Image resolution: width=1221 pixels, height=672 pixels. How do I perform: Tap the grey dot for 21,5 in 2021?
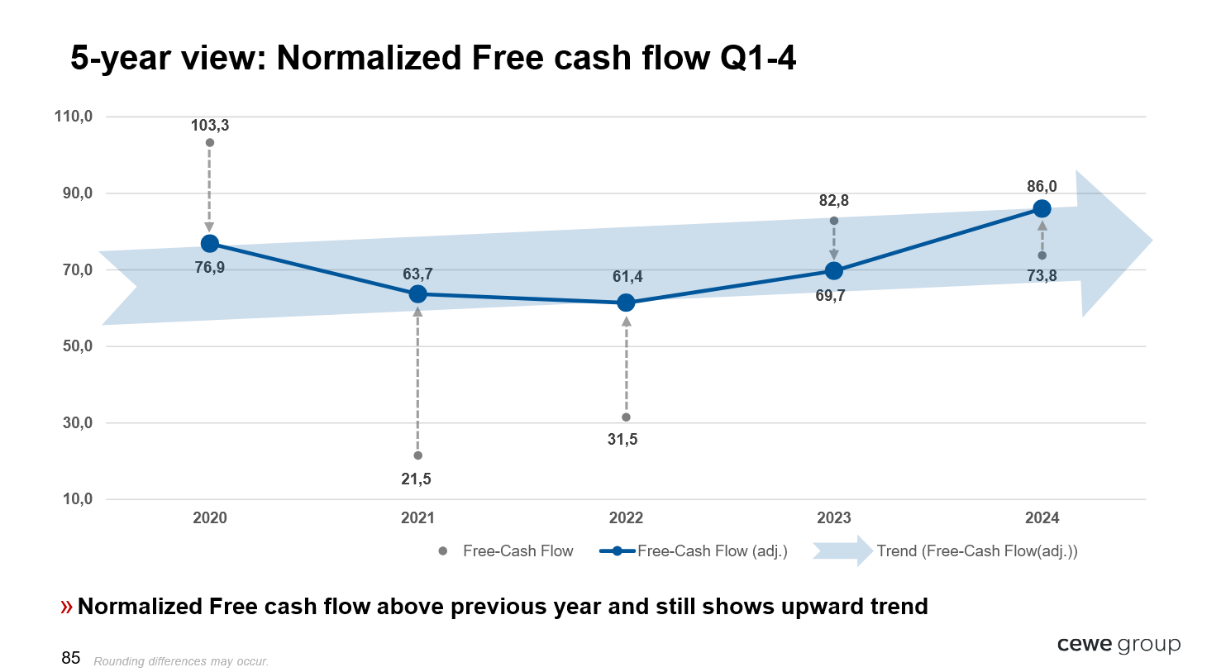coord(417,455)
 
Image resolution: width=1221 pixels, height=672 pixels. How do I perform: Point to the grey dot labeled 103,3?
coord(209,143)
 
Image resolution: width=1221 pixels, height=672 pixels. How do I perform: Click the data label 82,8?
coord(833,201)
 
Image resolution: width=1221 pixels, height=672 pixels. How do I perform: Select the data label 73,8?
coord(1042,276)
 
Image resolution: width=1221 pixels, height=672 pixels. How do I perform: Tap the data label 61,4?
coord(627,276)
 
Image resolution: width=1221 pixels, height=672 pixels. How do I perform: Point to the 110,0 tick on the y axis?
coord(74,116)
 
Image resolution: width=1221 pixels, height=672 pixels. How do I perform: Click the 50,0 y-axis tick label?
coord(78,346)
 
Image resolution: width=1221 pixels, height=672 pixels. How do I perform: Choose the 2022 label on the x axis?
coord(626,517)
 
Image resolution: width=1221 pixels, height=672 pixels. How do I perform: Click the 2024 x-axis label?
coord(1042,517)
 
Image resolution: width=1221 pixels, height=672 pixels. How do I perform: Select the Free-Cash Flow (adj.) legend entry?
coord(694,551)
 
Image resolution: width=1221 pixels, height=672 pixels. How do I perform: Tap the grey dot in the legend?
coord(443,551)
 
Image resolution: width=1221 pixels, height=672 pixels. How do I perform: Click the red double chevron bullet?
coord(66,607)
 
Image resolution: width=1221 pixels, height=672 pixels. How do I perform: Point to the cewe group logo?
coord(1118,645)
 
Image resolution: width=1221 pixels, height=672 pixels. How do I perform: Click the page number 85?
coord(71,658)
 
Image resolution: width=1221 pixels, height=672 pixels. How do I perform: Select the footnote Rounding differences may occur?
coord(181,661)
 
